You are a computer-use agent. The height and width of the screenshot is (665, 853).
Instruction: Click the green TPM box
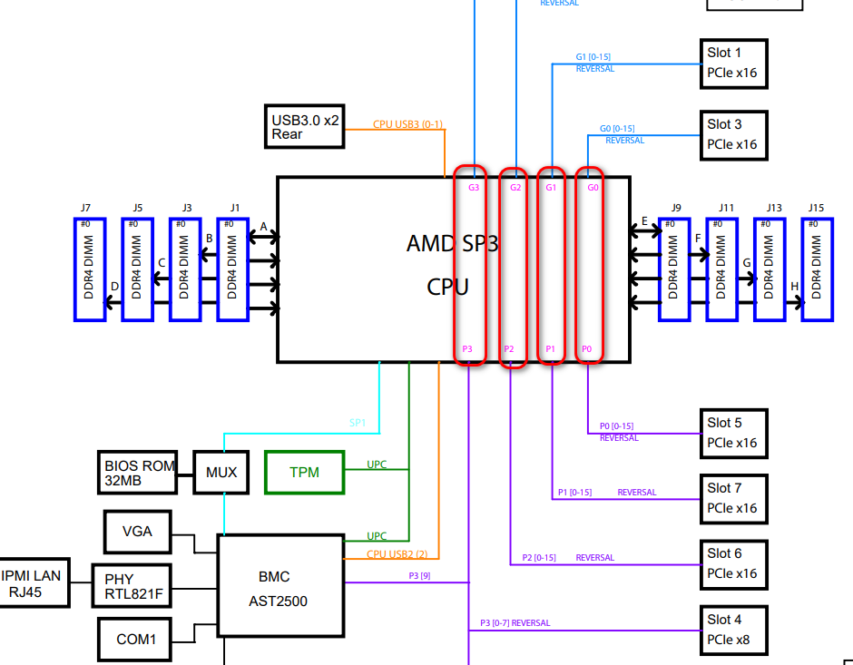304,472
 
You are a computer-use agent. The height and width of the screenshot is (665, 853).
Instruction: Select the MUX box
221,472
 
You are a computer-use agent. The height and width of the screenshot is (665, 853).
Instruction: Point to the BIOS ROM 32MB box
139,473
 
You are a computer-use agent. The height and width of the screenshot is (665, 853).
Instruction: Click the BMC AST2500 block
280,585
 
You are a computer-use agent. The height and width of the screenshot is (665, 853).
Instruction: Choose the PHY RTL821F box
131,586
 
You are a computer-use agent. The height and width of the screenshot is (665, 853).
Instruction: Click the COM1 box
136,639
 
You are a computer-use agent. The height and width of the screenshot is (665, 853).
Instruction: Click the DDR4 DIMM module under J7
90,269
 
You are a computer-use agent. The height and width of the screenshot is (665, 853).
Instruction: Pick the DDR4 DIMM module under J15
817,269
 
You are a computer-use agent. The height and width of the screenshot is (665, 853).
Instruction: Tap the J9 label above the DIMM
676,208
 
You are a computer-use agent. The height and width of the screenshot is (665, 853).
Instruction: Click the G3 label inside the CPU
474,188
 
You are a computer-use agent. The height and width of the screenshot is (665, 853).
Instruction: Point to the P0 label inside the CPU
587,348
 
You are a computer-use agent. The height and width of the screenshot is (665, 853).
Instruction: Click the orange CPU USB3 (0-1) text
407,124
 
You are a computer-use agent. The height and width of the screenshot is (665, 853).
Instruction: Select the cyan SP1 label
358,423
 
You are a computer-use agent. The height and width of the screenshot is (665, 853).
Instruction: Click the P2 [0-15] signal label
539,557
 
